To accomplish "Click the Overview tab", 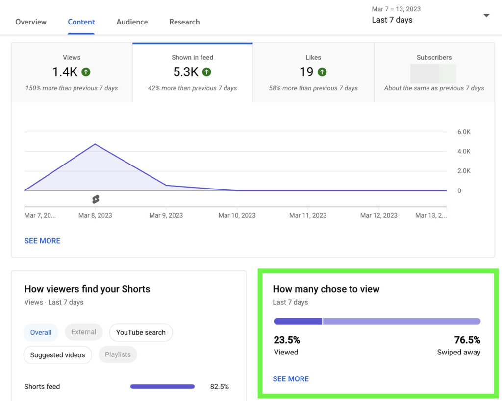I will (31, 22).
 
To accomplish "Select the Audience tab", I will (132, 22).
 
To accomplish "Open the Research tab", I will (184, 22).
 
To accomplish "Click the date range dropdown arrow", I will (486, 16).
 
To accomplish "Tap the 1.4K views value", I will (65, 72).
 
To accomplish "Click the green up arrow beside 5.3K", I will (207, 72).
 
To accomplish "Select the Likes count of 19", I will (306, 72).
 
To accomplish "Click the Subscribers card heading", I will (434, 57).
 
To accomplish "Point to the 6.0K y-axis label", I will (464, 132).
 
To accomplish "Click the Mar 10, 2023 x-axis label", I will (237, 215).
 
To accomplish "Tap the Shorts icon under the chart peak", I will (96, 199).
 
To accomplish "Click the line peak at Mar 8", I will (95, 144).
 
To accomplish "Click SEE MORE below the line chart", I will (42, 241).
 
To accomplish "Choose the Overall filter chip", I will (41, 332).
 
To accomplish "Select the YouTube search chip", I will (141, 332).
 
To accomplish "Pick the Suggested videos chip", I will (57, 355).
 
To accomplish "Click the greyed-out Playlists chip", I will (118, 354).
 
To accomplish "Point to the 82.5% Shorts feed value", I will (219, 386).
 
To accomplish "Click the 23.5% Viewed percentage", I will (287, 340).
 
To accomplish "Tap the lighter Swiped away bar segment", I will (401, 321).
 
